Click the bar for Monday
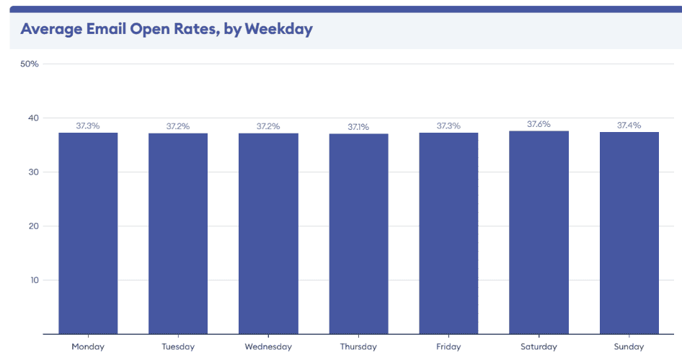coord(88,233)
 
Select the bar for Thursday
coord(358,234)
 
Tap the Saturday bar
coord(539,232)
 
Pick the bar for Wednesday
coord(268,233)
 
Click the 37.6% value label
coord(539,124)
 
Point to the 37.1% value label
coord(358,127)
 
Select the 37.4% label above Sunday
coord(629,126)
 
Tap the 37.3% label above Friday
coord(448,126)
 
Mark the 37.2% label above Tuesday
coord(178,126)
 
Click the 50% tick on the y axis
coord(30,63)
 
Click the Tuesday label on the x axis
coord(178,347)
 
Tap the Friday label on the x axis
coord(448,347)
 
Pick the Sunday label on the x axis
coord(629,347)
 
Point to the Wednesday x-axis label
coord(268,347)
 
